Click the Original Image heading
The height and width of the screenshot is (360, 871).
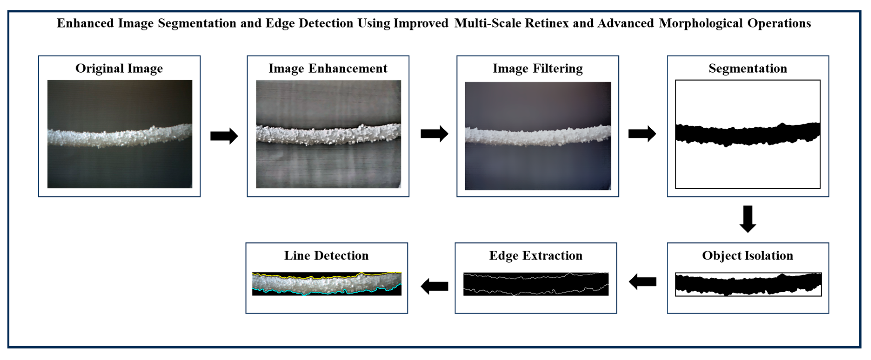pyautogui.click(x=119, y=69)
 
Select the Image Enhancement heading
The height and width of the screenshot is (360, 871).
pyautogui.click(x=328, y=69)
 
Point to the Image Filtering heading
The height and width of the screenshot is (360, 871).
pyautogui.click(x=538, y=69)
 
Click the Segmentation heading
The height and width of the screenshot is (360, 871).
pyautogui.click(x=748, y=69)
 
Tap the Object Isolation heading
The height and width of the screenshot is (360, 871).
pyautogui.click(x=748, y=256)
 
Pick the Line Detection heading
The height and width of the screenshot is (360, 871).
pyautogui.click(x=326, y=256)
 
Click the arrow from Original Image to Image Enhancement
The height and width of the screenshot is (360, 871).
pyautogui.click(x=224, y=136)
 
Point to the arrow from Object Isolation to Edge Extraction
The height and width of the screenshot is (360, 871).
pyautogui.click(x=642, y=282)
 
